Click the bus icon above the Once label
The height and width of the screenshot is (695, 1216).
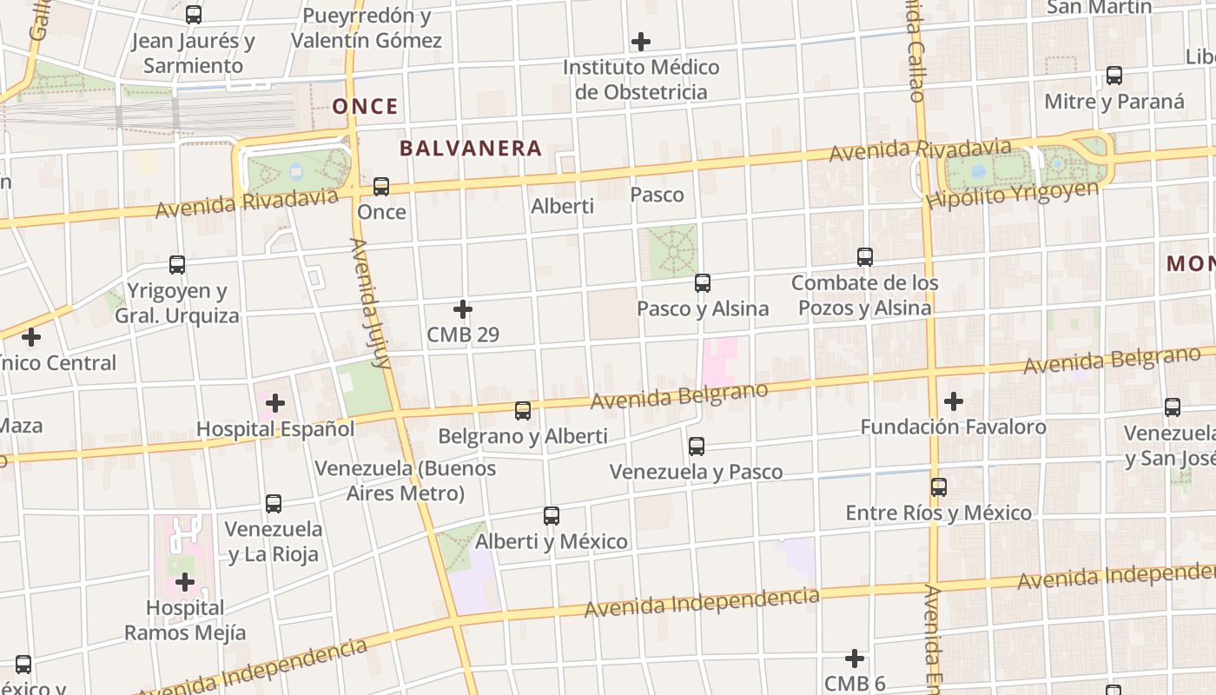point(381,187)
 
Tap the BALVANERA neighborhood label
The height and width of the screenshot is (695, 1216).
point(471,149)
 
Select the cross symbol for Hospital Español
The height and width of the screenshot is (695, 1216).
point(275,403)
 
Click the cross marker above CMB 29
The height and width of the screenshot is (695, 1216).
point(463,309)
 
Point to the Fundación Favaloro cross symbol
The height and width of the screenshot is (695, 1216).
point(954,401)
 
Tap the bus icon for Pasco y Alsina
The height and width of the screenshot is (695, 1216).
point(703,283)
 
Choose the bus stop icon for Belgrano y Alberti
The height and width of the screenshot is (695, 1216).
point(523,411)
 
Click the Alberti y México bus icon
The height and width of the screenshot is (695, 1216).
point(552,516)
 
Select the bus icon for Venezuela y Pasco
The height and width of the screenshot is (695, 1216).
point(697,447)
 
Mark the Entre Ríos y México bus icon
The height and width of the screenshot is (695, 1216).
point(939,487)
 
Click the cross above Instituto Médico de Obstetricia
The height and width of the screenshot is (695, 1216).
point(641,42)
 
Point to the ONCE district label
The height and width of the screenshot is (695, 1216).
point(366,107)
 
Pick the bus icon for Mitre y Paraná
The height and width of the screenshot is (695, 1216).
point(1114,76)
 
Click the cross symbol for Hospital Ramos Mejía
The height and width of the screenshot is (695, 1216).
point(185,582)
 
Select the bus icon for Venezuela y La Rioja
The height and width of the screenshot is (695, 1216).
point(274,504)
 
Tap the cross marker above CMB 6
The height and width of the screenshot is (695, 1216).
point(855,659)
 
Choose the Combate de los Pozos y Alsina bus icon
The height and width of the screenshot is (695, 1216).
point(865,257)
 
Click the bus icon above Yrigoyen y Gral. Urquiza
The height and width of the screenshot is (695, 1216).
point(177,265)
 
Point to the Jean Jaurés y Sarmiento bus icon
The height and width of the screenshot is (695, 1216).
point(194,15)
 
